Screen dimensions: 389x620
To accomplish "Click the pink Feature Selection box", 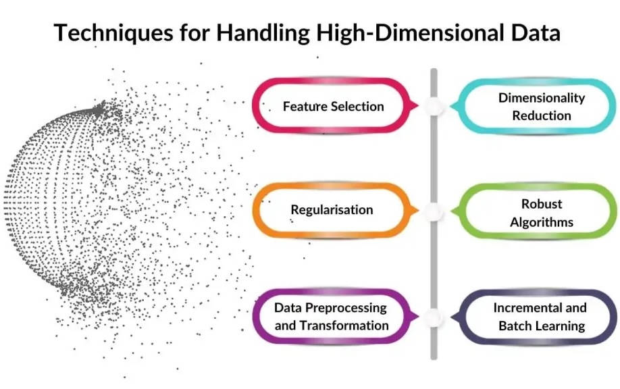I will pos(333,106).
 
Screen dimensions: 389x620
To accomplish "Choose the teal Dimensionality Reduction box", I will pos(542,106).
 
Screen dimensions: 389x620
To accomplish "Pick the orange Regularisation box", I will pos(332,209).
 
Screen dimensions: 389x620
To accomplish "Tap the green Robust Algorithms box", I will pos(542,212).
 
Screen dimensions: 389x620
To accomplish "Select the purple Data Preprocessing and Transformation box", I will pos(332,316).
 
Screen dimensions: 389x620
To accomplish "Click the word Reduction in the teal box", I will pos(542,115).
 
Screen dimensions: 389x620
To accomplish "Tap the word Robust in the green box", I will pos(542,203).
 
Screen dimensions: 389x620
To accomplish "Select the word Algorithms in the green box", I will pos(542,222).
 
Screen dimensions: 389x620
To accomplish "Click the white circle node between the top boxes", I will pos(434,106).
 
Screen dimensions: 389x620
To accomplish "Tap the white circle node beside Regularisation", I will pos(434,211).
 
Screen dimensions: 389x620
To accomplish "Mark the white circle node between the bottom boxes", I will pos(434,316).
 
